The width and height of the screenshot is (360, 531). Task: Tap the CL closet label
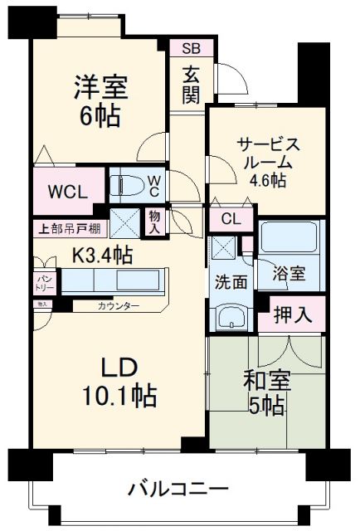[x=231, y=219]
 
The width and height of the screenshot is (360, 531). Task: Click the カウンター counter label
[x=118, y=306]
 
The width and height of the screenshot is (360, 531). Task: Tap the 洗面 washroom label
[x=232, y=282]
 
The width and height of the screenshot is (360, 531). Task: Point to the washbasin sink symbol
[x=231, y=316]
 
